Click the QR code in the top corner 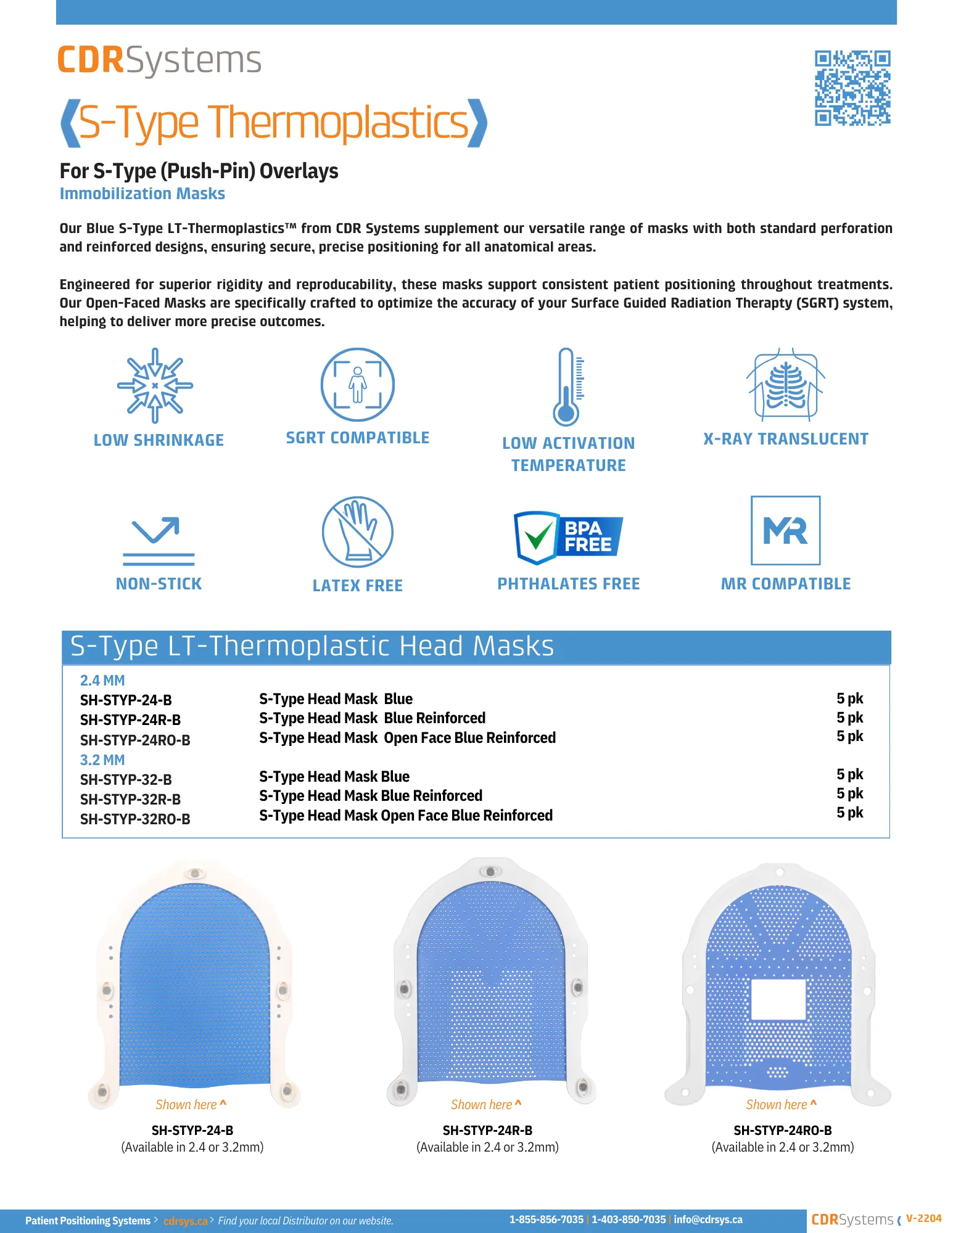pos(852,88)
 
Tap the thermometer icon pos(567,387)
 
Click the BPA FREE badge pos(568,537)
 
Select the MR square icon pos(785,530)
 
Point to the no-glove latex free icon pos(357,532)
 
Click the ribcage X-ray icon pos(785,385)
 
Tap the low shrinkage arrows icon pos(155,385)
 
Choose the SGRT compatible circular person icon pos(357,385)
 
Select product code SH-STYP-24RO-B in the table pos(135,740)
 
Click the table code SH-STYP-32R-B pos(130,800)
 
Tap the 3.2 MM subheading pos(102,760)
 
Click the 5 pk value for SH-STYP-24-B pos(849,698)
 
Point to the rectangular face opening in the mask pos(778,999)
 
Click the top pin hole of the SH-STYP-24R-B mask pos(490,872)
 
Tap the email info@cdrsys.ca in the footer pos(708,1219)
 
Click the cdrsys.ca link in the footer pos(185,1221)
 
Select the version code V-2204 pos(923,1218)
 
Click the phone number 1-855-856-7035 pos(546,1219)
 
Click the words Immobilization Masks pos(142,194)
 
